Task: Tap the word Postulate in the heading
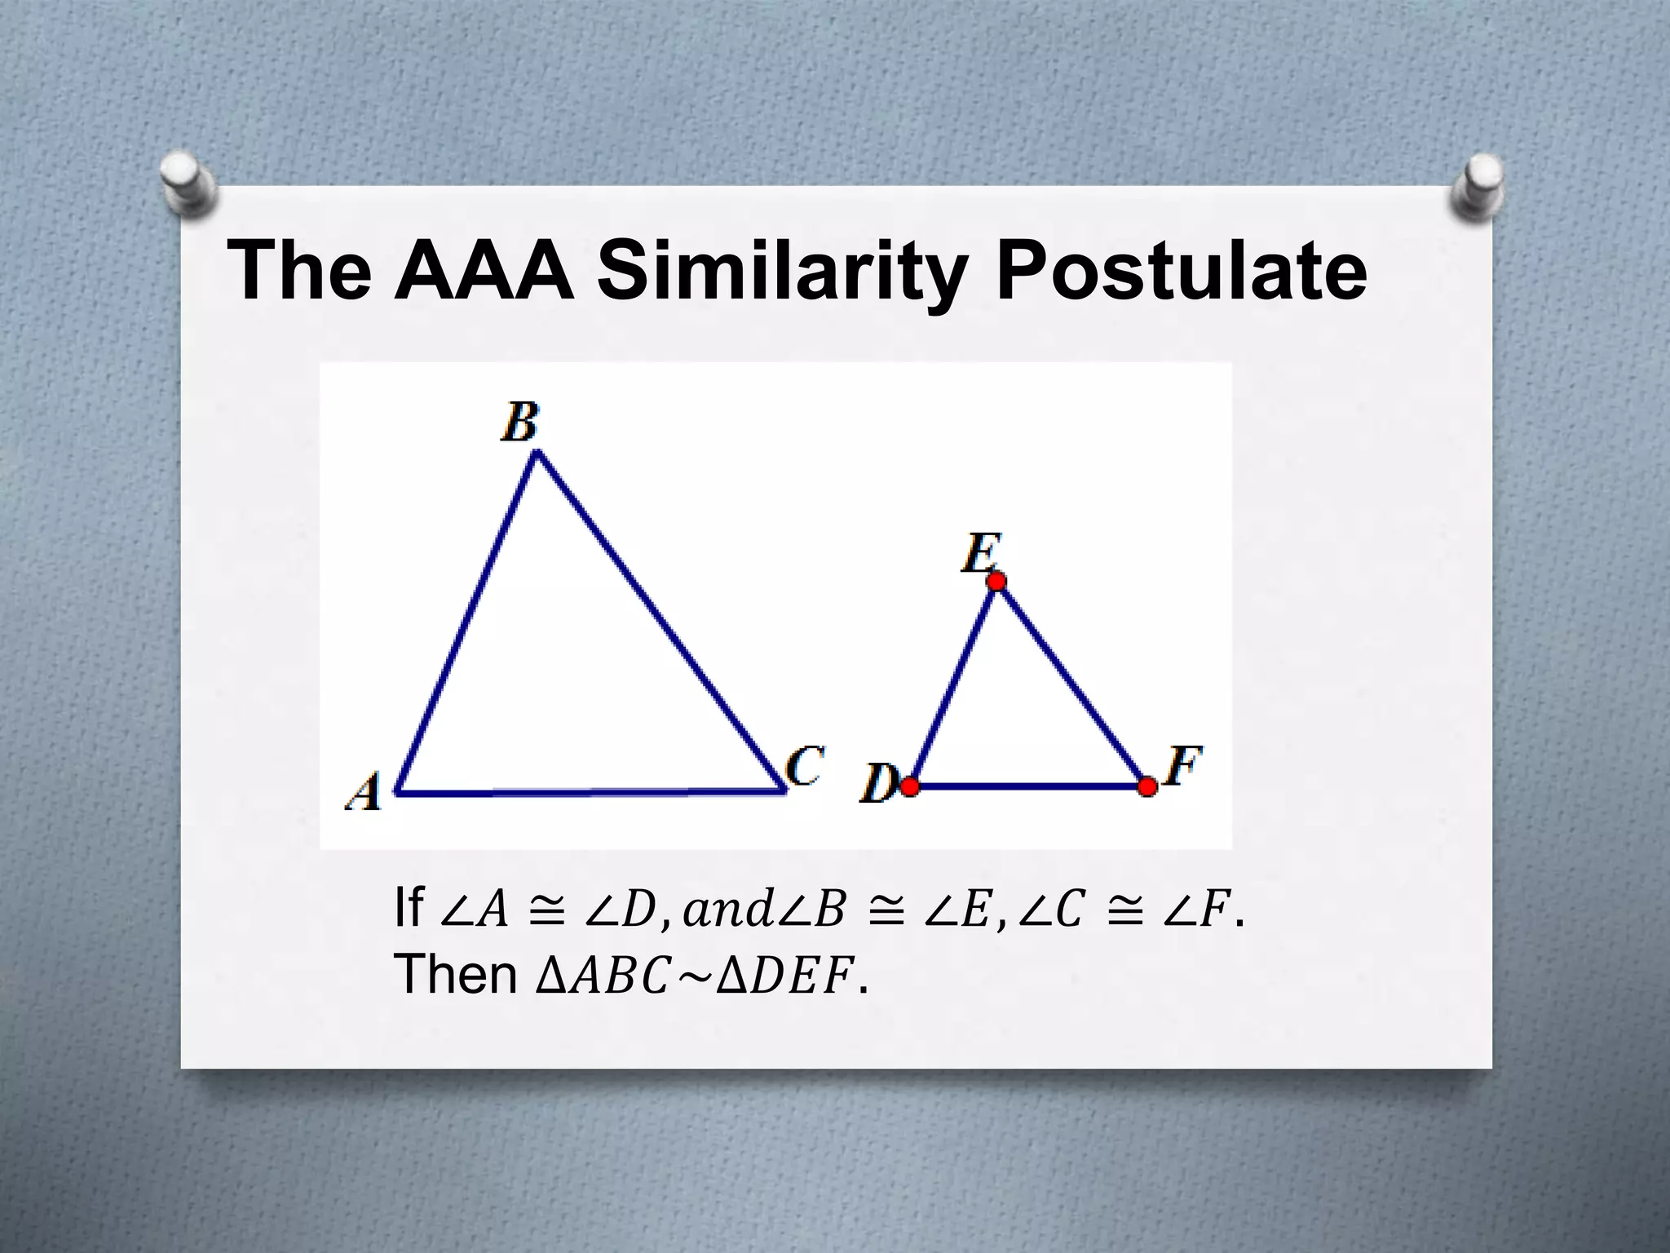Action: [x=1180, y=271]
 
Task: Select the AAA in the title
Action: [x=483, y=271]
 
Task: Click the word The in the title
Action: [x=299, y=271]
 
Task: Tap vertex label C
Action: [x=804, y=767]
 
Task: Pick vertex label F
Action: [x=1182, y=767]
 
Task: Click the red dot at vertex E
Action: [x=996, y=581]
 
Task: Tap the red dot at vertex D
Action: [x=910, y=786]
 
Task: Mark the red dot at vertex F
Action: [x=1147, y=786]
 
